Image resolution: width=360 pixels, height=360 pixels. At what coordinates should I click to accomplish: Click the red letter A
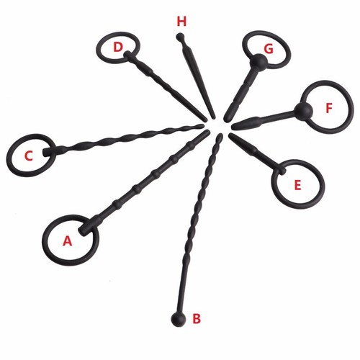click(68, 240)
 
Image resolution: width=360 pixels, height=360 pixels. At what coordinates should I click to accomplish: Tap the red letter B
click(197, 319)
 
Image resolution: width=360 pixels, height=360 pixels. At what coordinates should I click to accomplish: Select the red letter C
click(29, 156)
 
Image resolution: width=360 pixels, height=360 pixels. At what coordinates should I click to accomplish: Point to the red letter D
click(118, 47)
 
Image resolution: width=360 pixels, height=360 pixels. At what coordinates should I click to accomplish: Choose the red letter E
click(297, 184)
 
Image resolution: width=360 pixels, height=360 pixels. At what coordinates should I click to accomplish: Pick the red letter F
click(329, 108)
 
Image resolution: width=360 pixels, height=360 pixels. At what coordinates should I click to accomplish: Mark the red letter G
click(269, 49)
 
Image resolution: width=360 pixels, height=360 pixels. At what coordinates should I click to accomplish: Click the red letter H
click(181, 22)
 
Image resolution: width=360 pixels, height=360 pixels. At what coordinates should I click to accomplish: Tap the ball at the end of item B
click(179, 319)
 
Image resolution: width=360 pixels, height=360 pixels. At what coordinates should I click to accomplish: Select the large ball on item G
click(258, 62)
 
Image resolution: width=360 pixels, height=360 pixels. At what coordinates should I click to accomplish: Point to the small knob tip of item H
click(180, 37)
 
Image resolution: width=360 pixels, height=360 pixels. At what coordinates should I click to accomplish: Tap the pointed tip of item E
click(230, 135)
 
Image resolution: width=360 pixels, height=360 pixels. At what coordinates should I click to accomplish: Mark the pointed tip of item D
click(206, 120)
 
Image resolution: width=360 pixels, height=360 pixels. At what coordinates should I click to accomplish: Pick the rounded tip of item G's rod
click(225, 120)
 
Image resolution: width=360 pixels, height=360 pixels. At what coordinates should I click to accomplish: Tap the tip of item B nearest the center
click(221, 135)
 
